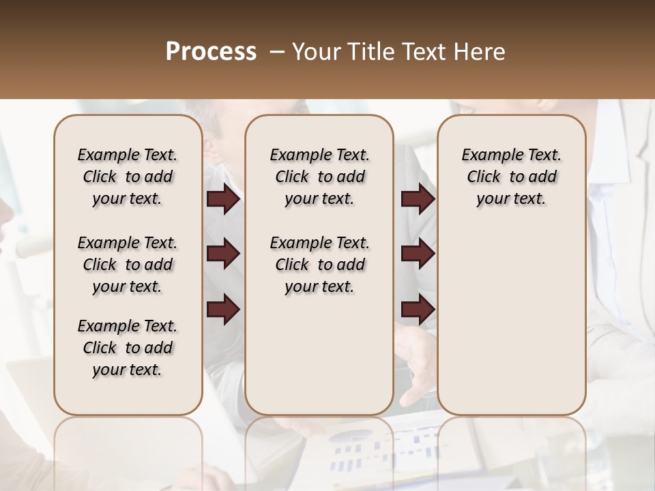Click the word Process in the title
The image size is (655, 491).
coord(211,52)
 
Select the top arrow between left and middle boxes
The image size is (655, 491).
coord(223,199)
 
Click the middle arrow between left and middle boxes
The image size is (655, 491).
coord(223,254)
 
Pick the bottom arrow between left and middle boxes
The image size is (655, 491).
coord(223,310)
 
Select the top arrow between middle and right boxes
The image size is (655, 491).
coord(418,199)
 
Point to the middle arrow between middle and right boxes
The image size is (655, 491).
coord(418,254)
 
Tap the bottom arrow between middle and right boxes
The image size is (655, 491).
coord(418,310)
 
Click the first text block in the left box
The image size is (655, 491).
coord(128,177)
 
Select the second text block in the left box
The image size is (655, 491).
coord(128,265)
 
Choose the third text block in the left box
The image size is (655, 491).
coord(128,348)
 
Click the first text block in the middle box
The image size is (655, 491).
coord(319,177)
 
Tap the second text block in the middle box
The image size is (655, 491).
coord(319,265)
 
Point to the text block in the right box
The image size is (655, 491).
coord(512,177)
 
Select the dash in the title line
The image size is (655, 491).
coord(276,52)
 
